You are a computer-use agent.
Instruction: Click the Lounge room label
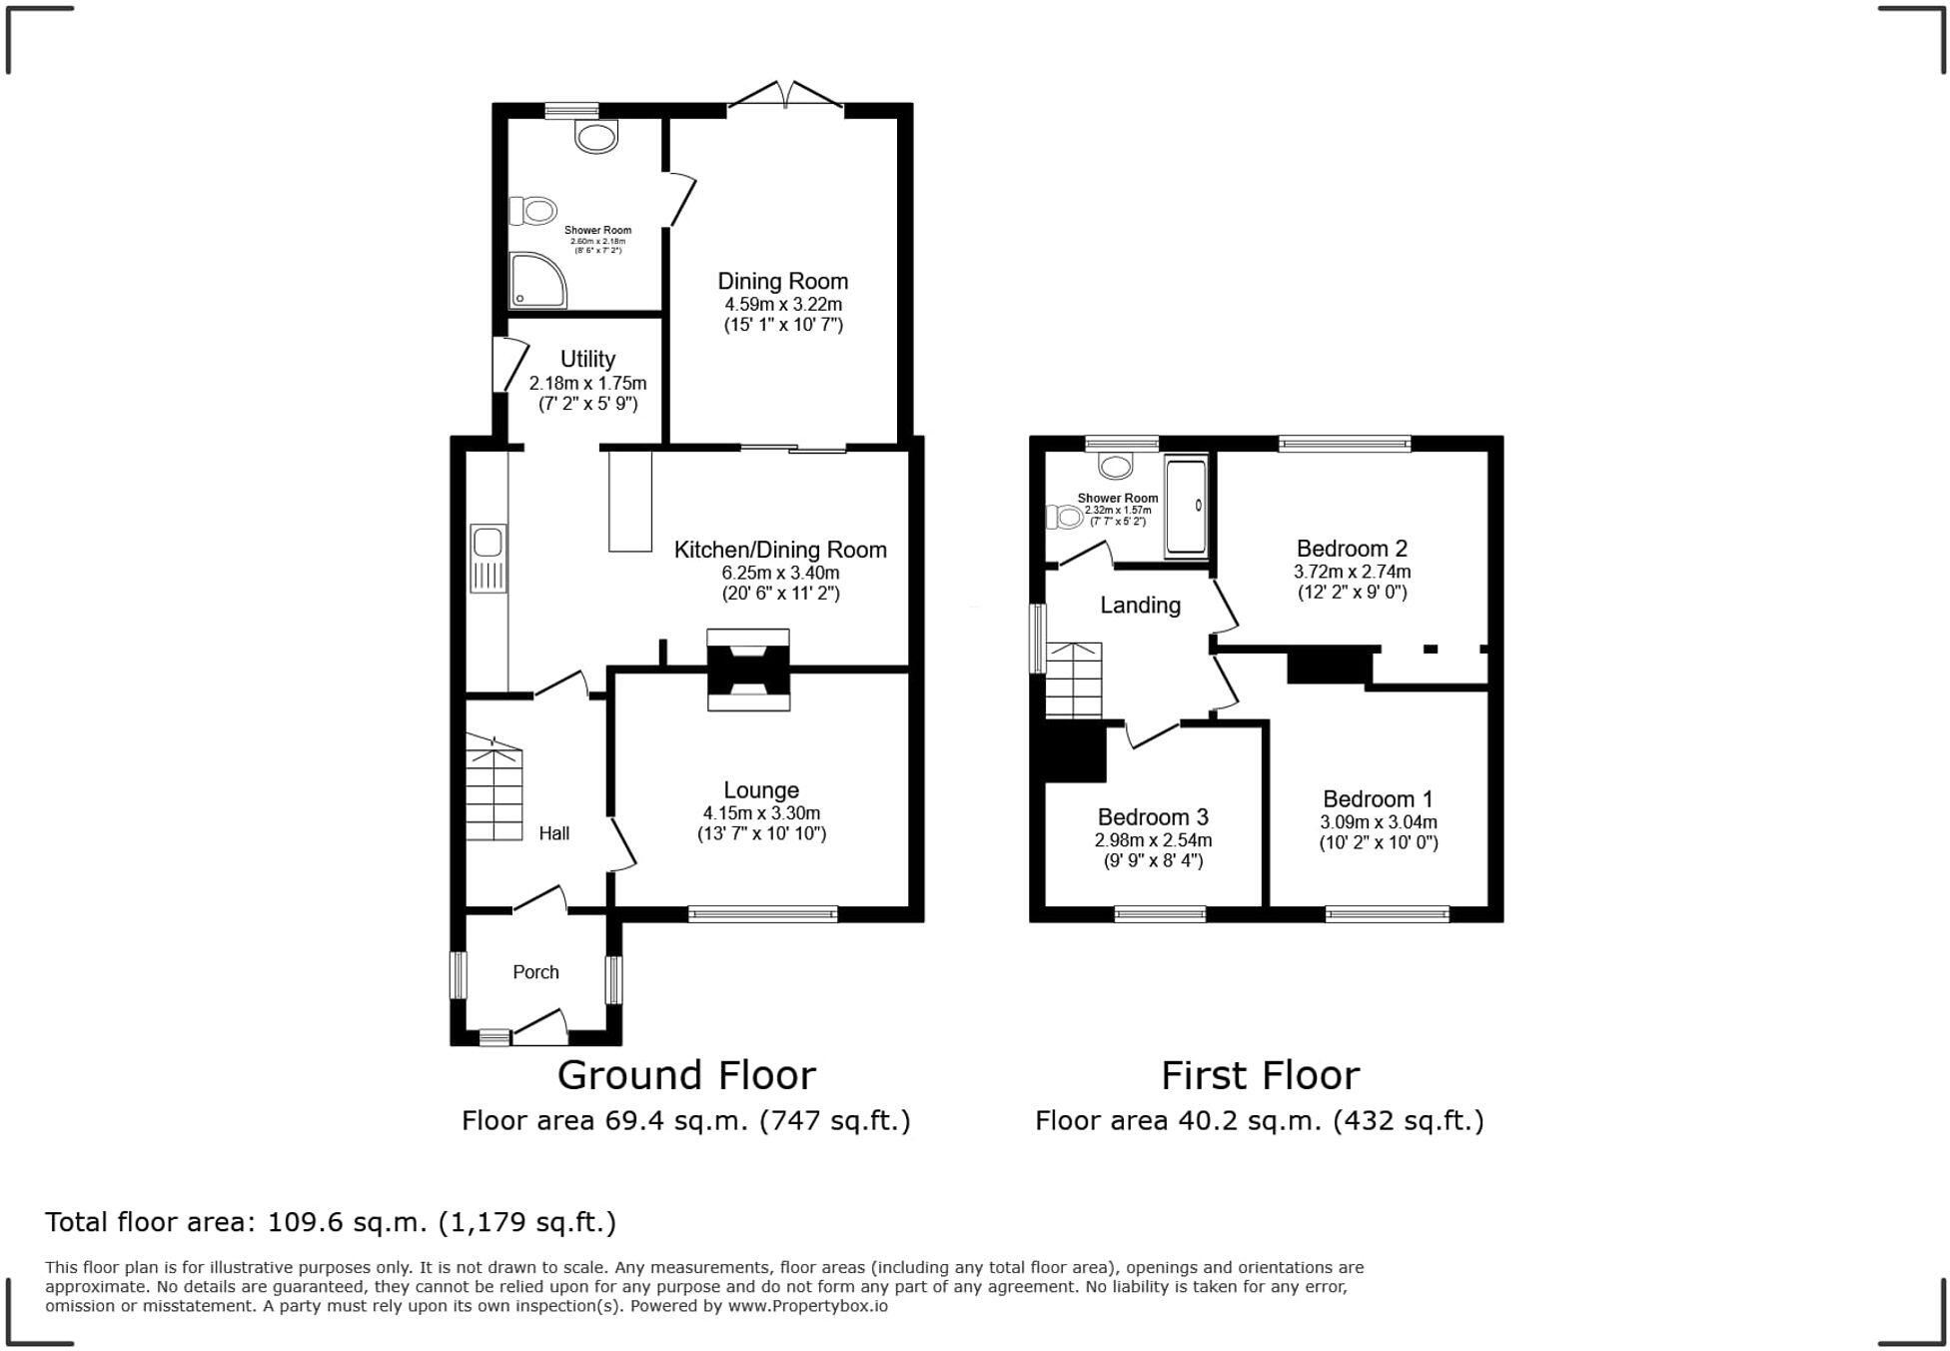(760, 790)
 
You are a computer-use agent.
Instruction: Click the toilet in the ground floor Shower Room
(533, 211)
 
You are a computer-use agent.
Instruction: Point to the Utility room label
(587, 359)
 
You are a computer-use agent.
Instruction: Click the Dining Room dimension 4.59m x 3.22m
(782, 304)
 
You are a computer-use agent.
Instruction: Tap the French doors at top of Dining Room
(785, 97)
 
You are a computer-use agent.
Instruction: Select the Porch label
(535, 972)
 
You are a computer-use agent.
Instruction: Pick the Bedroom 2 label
(1351, 549)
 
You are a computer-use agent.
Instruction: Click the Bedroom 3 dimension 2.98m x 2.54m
(1153, 840)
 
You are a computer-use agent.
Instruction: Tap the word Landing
(1140, 606)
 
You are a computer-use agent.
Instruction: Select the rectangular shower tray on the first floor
(1186, 507)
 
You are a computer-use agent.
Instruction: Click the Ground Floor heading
(686, 1076)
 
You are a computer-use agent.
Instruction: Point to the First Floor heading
(1260, 1076)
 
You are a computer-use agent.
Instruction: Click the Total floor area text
(331, 1222)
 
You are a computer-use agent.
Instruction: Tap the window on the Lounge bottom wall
(762, 913)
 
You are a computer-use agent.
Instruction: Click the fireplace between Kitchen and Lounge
(748, 670)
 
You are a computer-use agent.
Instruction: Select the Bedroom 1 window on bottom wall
(1387, 913)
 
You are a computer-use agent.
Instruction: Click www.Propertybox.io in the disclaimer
(807, 1306)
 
